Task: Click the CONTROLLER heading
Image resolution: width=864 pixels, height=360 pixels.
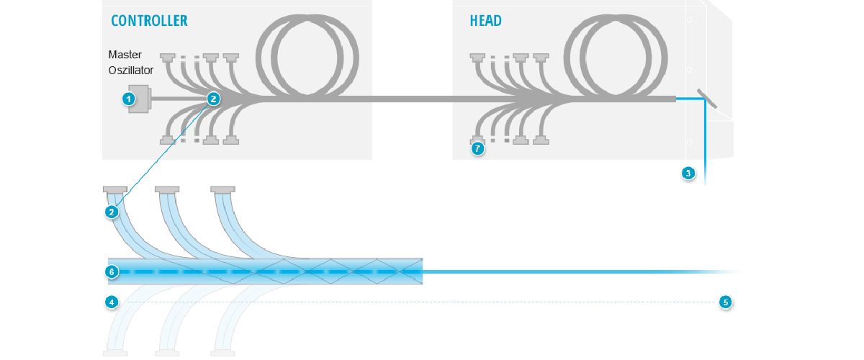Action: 149,20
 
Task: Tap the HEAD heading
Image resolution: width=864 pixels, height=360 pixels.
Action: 485,20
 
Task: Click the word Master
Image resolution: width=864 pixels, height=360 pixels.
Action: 125,55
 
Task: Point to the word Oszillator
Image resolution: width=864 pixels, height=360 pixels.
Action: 135,69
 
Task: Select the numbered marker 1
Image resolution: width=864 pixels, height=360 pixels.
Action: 130,99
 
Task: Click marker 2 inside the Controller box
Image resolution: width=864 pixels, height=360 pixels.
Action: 213,99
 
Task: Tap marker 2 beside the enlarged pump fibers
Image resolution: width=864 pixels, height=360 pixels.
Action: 112,212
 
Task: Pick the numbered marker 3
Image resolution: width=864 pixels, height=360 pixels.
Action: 688,173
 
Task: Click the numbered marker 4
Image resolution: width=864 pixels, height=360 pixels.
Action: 112,302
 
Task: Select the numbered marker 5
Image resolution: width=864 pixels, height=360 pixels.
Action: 726,302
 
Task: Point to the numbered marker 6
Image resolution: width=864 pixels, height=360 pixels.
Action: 112,272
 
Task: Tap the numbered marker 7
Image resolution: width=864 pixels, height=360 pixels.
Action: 477,149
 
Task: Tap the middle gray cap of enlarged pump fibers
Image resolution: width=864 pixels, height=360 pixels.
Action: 167,190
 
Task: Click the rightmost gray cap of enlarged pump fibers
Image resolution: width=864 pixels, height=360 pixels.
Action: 222,190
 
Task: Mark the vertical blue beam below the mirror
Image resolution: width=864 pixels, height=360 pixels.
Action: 705,144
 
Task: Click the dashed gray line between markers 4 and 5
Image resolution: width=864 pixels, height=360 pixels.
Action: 418,302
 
